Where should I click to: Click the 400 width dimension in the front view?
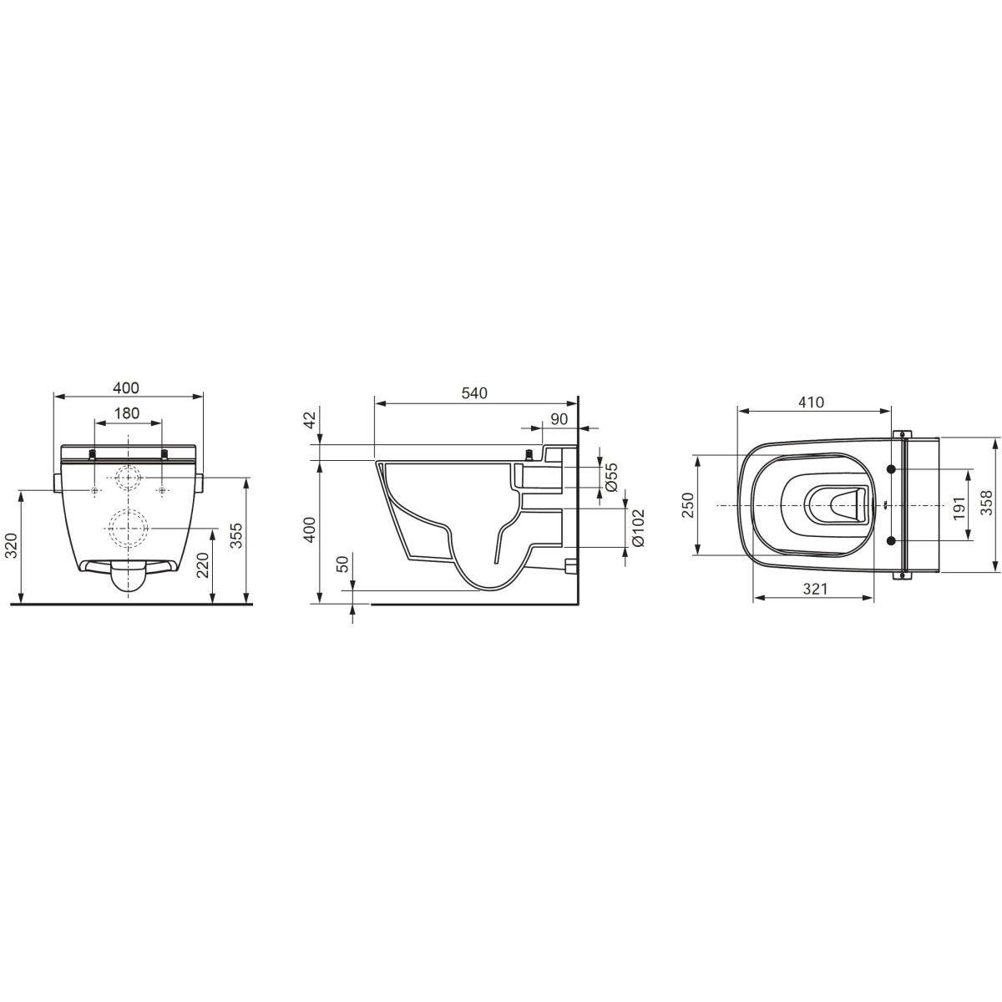pyautogui.click(x=128, y=388)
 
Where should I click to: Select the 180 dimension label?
pyautogui.click(x=128, y=412)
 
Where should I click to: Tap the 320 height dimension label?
pyautogui.click(x=12, y=545)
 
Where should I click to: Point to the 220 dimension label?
pyautogui.click(x=203, y=565)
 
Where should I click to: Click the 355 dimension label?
pyautogui.click(x=236, y=536)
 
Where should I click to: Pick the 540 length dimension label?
pyautogui.click(x=475, y=393)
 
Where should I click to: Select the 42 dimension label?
pyautogui.click(x=310, y=421)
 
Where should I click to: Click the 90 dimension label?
pyautogui.click(x=559, y=418)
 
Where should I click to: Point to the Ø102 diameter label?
pyautogui.click(x=639, y=527)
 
